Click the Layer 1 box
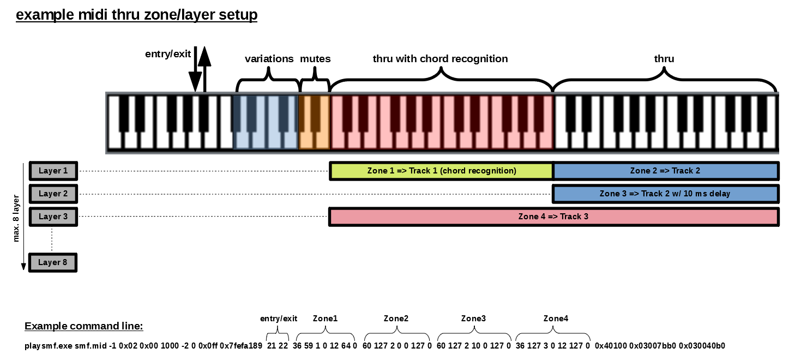pos(53,171)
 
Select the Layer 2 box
pos(53,194)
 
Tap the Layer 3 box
pos(53,217)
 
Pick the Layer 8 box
pos(53,262)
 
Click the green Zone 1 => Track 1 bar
pos(442,171)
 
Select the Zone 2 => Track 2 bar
pos(665,171)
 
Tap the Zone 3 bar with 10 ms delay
pos(665,194)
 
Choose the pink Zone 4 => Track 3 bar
pos(553,217)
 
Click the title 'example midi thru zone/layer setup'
pos(136,15)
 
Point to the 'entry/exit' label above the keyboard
pos(168,54)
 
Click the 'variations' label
pos(269,59)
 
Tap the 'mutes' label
pos(315,59)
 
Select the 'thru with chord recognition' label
pos(440,59)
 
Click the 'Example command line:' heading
pos(83,326)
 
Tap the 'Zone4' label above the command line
pos(556,319)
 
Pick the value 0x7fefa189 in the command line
pos(241,346)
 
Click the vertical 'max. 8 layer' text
pos(17,218)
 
